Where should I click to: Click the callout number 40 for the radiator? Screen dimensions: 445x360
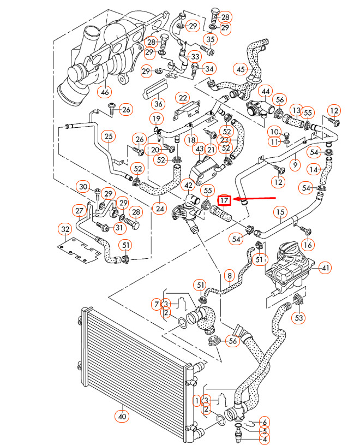(122, 416)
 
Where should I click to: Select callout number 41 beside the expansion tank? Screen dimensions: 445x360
(325, 268)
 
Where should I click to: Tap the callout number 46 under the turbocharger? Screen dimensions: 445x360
(104, 91)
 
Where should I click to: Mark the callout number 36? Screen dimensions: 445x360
(158, 103)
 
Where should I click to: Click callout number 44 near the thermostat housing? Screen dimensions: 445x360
(266, 91)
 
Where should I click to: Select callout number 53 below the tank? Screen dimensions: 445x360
(299, 317)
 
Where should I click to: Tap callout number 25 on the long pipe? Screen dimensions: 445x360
(109, 136)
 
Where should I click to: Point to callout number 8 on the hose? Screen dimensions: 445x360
(229, 276)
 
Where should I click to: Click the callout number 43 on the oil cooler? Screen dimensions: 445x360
(199, 149)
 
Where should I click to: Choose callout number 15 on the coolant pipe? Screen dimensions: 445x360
(280, 211)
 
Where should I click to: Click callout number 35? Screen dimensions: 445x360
(211, 39)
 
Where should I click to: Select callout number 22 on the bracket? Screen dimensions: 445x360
(182, 98)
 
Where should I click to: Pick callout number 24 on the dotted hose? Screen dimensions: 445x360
(159, 207)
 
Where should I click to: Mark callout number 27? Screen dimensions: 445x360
(80, 211)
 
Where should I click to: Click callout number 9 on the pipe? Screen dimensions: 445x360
(295, 163)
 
